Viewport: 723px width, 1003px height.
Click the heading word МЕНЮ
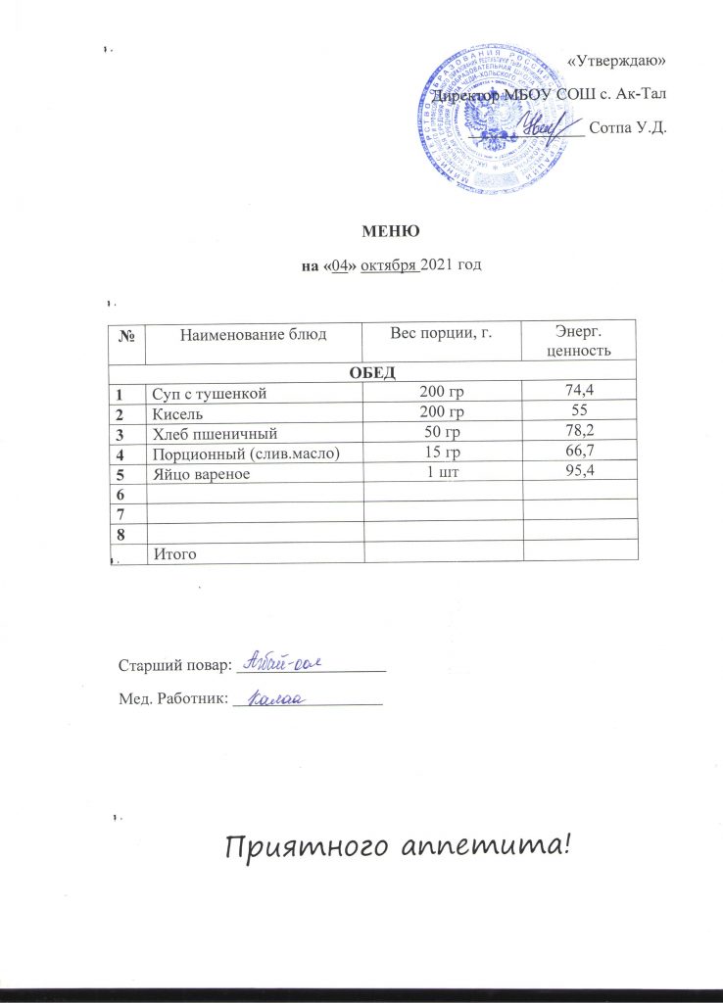(392, 231)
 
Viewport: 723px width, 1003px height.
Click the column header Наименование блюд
(253, 334)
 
